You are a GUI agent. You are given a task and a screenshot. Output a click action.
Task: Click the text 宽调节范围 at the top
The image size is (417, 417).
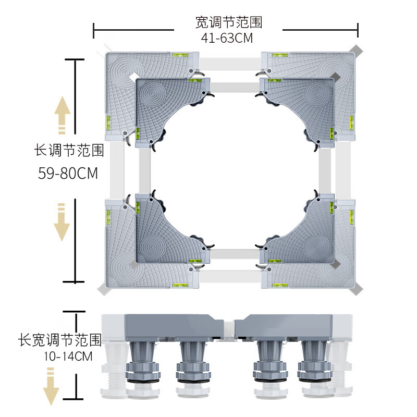click(x=228, y=22)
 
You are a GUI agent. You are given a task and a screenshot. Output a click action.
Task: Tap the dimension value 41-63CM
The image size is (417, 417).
click(x=228, y=38)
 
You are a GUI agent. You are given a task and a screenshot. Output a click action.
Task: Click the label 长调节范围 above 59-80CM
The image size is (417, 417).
click(x=69, y=151)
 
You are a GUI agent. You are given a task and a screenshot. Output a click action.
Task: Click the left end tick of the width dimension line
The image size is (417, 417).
click(x=94, y=30)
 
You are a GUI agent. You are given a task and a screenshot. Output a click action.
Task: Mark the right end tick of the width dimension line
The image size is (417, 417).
click(x=359, y=30)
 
